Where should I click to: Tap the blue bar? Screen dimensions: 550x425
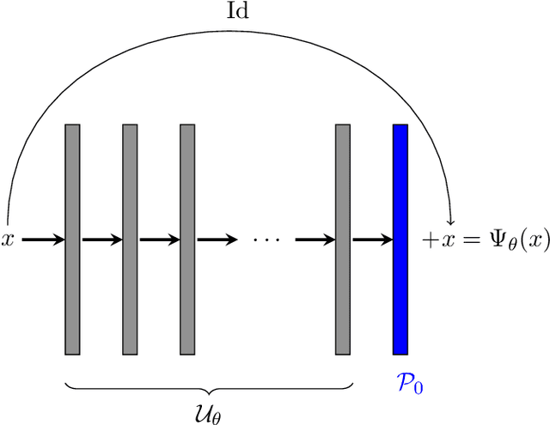[400, 239]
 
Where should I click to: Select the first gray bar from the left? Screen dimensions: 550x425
[72, 239]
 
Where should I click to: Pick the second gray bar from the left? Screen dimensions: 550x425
[130, 239]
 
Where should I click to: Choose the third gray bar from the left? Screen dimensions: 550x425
[187, 239]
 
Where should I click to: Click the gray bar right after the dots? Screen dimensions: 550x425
[343, 239]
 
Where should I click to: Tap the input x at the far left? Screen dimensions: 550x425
[9, 240]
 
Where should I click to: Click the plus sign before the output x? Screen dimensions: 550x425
[429, 240]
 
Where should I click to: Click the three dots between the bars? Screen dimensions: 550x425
[266, 240]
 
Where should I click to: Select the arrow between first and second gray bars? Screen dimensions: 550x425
[101, 240]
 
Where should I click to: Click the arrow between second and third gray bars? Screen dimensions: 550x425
[159, 240]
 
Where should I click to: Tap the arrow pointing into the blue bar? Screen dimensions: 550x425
[371, 240]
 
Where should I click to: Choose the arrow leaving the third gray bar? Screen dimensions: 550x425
[217, 240]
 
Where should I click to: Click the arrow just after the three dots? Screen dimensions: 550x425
[315, 240]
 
